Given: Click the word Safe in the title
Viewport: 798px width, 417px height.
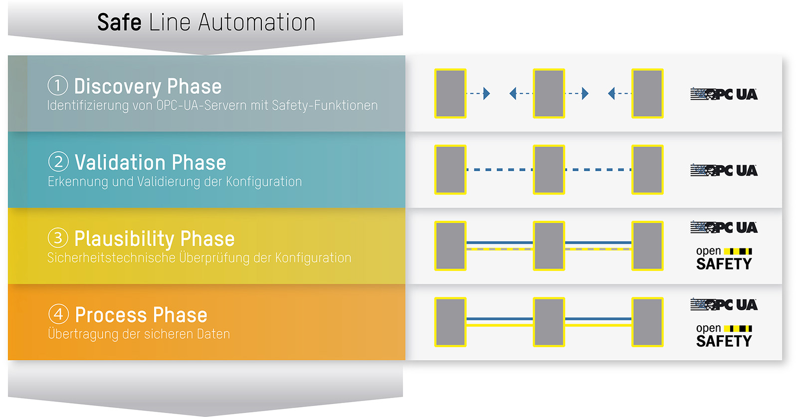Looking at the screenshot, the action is click(x=119, y=22).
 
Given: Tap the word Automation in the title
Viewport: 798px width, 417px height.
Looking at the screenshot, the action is click(x=257, y=22).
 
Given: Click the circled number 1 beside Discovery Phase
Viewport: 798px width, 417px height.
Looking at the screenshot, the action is click(x=58, y=85).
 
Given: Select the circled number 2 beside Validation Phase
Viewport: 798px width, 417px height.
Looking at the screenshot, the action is click(x=58, y=162).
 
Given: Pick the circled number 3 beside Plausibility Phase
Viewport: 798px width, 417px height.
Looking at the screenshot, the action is click(x=58, y=238).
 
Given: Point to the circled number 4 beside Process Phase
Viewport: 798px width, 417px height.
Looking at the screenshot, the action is click(x=58, y=314).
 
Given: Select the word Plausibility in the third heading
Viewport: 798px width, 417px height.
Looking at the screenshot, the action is click(x=124, y=239).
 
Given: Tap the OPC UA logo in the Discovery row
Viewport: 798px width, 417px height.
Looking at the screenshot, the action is click(x=724, y=94).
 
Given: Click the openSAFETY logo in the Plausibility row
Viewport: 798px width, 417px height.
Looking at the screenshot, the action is click(x=724, y=258).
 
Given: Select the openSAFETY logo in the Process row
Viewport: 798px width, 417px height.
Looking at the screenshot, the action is click(x=724, y=335).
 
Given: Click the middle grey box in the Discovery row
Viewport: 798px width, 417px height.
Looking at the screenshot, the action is click(x=549, y=93).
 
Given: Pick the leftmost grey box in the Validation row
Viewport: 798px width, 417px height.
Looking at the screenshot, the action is click(x=450, y=170).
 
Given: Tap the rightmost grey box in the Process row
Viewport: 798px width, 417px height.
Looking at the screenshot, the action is click(x=647, y=322).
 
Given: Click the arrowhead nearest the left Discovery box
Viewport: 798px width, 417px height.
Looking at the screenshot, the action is click(x=487, y=93).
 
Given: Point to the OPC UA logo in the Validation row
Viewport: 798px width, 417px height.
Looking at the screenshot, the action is click(x=724, y=170).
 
